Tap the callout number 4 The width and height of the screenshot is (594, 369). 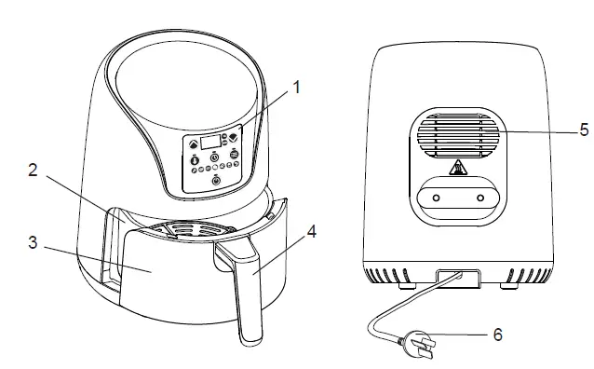coord(312,232)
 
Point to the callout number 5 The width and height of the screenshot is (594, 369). coord(584,130)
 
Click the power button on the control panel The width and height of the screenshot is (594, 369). coord(216,181)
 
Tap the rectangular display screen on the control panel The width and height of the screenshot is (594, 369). coord(210,142)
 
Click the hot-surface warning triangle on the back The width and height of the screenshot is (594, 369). coord(459,169)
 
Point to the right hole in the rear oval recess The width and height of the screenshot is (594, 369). coord(481,198)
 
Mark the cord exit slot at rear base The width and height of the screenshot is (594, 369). coord(455,276)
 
